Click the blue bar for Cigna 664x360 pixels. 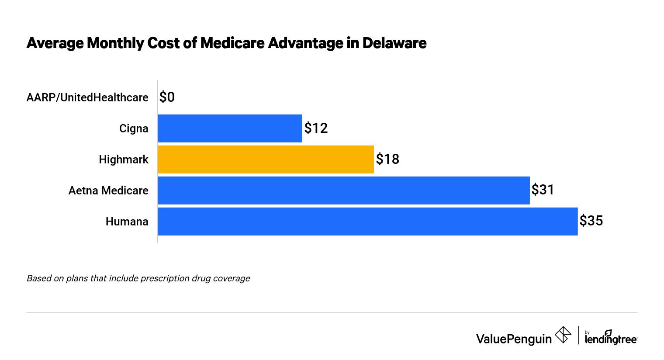[230, 128]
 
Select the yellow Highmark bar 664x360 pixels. [266, 159]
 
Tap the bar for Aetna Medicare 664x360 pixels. [344, 190]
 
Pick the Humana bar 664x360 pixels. [367, 222]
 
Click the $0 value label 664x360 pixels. [167, 97]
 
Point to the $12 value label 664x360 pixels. [316, 128]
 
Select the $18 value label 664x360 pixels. [387, 159]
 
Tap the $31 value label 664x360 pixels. [543, 190]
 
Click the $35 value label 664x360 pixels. [591, 221]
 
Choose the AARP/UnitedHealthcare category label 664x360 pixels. [87, 97]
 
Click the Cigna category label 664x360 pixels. [134, 128]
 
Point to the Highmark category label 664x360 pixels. [124, 159]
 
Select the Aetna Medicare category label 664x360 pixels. [108, 190]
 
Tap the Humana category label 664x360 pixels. [127, 222]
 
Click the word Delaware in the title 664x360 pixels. [394, 43]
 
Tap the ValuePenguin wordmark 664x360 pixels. [514, 339]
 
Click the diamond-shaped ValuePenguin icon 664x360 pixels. [563, 335]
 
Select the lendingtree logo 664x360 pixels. [610, 337]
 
